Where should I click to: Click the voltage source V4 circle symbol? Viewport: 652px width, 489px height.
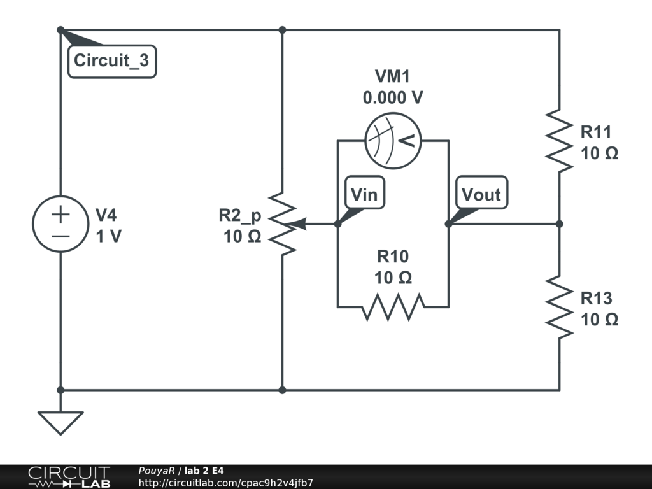click(x=60, y=223)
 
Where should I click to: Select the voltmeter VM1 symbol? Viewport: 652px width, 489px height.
click(x=393, y=141)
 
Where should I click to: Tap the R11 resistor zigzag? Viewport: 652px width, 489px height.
click(x=559, y=141)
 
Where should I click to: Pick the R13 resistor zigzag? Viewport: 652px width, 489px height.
click(x=559, y=308)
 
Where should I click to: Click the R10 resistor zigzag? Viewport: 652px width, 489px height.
click(x=393, y=306)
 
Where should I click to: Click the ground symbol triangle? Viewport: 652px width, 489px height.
click(x=60, y=421)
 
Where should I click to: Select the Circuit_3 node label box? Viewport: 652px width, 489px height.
click(x=112, y=62)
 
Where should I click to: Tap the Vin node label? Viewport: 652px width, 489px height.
click(x=365, y=194)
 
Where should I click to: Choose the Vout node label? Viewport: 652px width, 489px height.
click(x=481, y=194)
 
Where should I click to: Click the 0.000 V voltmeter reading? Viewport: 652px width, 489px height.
click(x=393, y=98)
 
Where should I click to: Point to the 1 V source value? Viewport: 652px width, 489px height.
click(x=108, y=236)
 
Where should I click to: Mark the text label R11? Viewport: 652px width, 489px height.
click(x=596, y=132)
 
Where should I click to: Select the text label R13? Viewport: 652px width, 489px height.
click(x=596, y=298)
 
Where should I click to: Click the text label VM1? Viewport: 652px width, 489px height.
click(x=393, y=77)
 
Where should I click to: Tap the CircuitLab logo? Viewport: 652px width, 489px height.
click(x=69, y=477)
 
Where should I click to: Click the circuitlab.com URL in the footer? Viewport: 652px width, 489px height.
click(x=225, y=483)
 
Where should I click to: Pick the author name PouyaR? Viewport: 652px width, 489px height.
click(x=156, y=471)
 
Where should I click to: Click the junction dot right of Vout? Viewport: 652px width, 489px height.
click(x=559, y=223)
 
